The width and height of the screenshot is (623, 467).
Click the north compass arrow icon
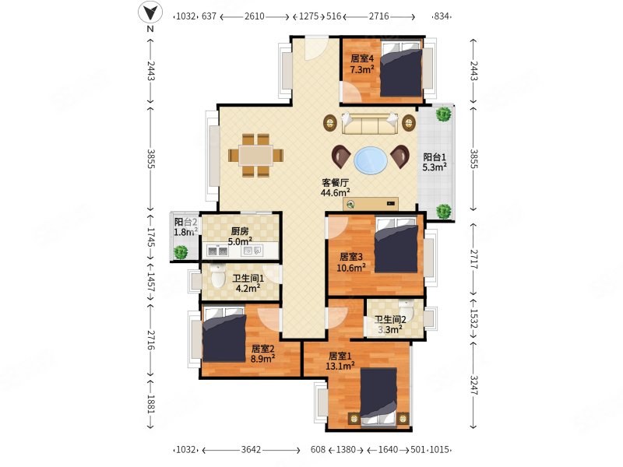tap(150, 12)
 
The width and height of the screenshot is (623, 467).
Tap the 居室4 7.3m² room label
tap(362, 64)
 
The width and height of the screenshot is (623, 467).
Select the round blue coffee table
tap(371, 160)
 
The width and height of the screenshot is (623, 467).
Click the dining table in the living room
tap(256, 155)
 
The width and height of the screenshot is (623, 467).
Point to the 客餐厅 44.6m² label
tap(336, 188)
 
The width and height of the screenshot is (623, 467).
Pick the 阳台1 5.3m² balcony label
tap(435, 162)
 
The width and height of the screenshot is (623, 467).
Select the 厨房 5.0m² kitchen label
tap(240, 237)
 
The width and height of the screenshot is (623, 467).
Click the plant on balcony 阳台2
tap(181, 252)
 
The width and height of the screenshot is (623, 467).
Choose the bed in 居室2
tap(224, 335)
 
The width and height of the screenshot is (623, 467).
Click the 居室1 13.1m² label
tap(340, 361)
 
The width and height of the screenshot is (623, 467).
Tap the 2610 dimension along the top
tap(255, 16)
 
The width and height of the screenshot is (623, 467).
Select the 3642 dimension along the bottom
tap(251, 450)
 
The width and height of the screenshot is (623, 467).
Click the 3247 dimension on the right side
tap(474, 385)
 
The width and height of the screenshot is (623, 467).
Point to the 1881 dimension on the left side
tap(150, 404)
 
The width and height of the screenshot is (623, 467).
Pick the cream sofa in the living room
tap(370, 124)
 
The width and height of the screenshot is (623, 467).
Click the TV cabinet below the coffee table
tap(371, 204)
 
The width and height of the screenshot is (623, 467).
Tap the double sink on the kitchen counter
tap(218, 251)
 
